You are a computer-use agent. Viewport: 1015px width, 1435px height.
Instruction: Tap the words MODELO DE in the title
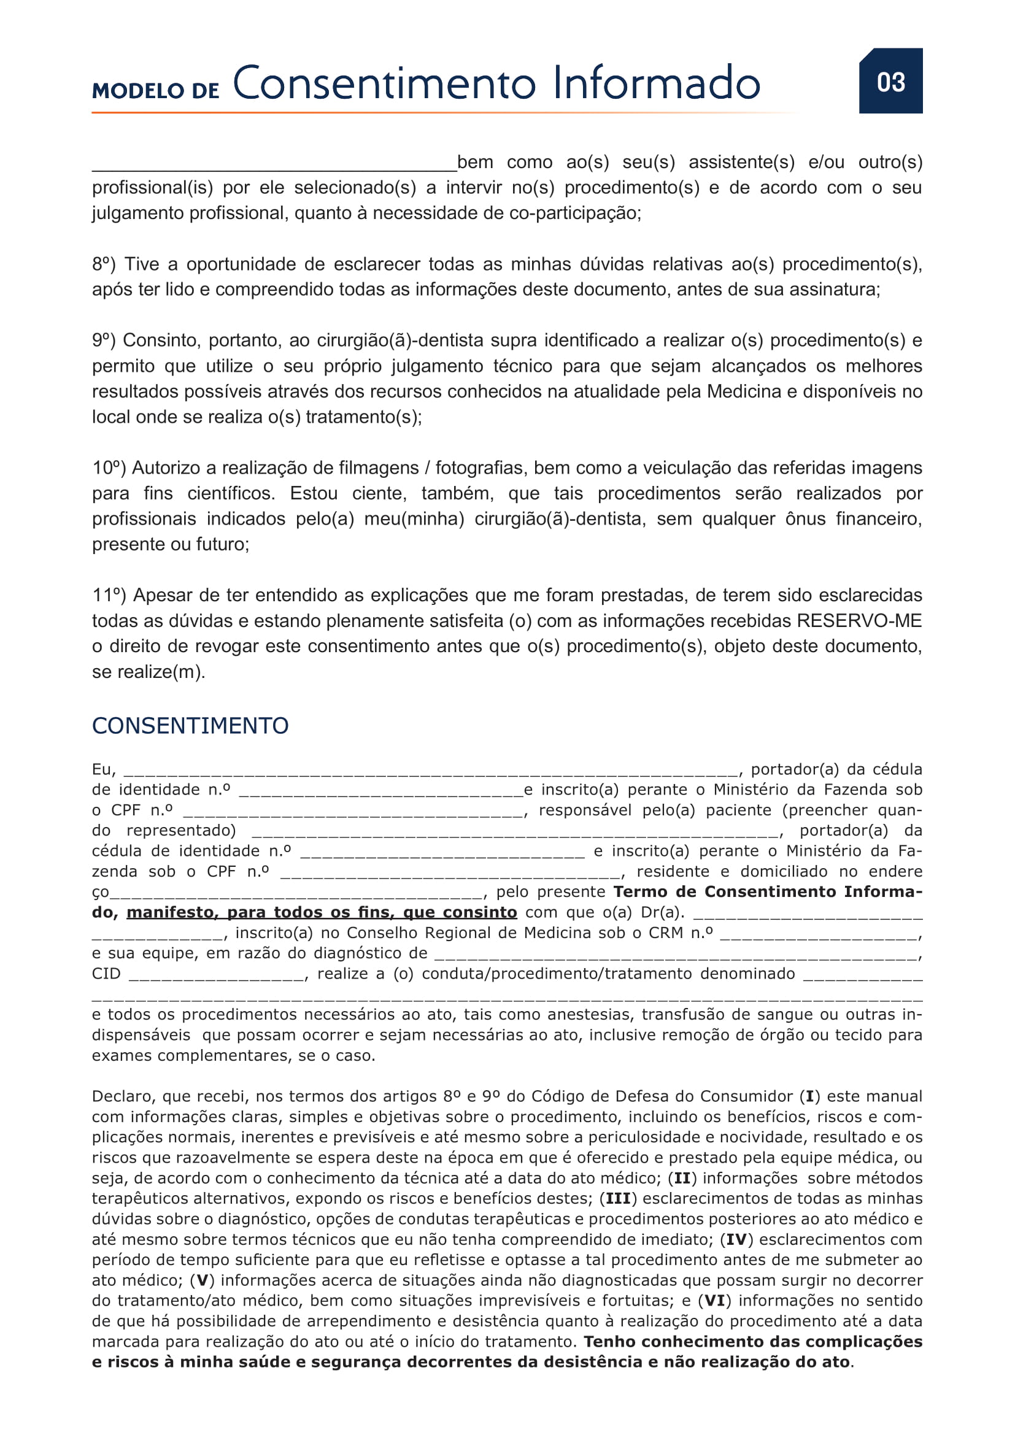(x=155, y=91)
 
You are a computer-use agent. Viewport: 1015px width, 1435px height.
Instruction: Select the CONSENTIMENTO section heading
(x=190, y=726)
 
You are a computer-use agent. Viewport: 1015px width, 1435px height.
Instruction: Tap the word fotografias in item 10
(x=481, y=467)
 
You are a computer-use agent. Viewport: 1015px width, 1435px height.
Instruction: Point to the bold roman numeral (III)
(x=617, y=1198)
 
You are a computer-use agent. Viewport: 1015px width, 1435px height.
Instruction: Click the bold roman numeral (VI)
(x=714, y=1301)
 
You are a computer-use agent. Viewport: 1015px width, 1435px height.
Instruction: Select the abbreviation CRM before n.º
(x=667, y=933)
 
